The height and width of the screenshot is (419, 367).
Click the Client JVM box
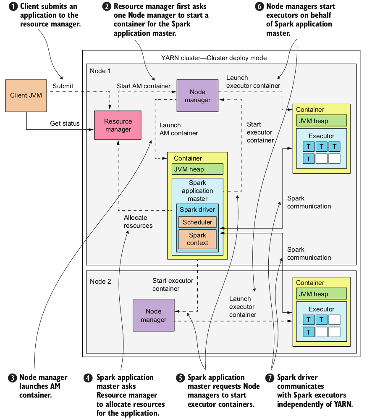click(x=26, y=95)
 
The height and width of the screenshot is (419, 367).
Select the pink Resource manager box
click(x=118, y=125)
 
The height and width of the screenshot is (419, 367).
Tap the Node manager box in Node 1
click(x=197, y=96)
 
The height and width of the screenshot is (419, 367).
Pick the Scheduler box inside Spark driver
click(x=197, y=222)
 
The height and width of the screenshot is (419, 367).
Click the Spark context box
click(x=197, y=239)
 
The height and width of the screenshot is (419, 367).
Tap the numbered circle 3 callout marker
click(x=13, y=377)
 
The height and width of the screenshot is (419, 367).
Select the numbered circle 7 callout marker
click(x=270, y=377)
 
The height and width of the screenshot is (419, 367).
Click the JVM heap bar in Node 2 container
click(x=322, y=293)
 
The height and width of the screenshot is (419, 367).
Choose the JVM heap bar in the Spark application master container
click(x=197, y=169)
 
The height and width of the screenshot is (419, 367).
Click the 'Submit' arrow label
click(x=63, y=86)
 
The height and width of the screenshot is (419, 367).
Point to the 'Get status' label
click(x=65, y=123)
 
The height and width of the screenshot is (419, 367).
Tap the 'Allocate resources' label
click(x=138, y=221)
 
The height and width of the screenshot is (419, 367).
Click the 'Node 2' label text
click(x=100, y=281)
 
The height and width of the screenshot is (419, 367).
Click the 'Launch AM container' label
click(x=178, y=129)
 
